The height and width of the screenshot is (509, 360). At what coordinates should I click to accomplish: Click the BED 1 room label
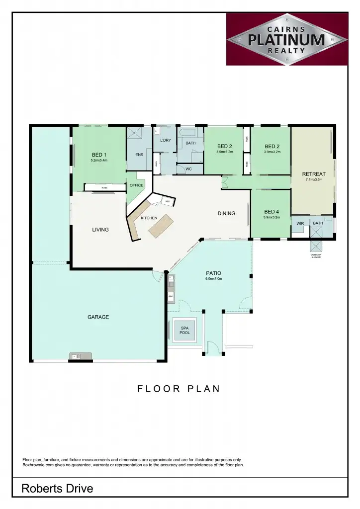point(99,155)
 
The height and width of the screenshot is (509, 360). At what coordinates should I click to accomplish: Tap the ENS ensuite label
point(139,155)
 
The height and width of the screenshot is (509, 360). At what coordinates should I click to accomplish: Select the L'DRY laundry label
point(166,141)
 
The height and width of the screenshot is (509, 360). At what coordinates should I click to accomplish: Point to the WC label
point(188,169)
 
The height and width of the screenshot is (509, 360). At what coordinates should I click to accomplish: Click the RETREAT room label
point(314,174)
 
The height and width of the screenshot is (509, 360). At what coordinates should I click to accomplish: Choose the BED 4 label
point(272,211)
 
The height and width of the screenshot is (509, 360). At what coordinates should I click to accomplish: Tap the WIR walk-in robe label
point(300,224)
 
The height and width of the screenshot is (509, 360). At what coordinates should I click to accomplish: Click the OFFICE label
point(136,185)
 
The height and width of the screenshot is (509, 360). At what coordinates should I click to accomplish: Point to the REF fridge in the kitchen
point(168,201)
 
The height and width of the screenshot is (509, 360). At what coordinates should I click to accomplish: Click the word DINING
point(226,213)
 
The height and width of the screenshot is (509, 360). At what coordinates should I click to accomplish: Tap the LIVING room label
point(100,230)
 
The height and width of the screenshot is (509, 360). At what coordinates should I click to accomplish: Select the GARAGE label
point(98,317)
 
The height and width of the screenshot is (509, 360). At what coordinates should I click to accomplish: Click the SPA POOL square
point(184,330)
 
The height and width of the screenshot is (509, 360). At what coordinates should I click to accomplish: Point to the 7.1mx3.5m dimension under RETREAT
point(314,179)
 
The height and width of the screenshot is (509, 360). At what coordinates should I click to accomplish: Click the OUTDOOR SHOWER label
point(316,256)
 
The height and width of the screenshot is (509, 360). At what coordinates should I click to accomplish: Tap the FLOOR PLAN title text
point(179,389)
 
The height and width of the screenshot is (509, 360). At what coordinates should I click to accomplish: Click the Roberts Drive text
point(57,489)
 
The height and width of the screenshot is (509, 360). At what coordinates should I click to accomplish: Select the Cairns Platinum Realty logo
point(286,39)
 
